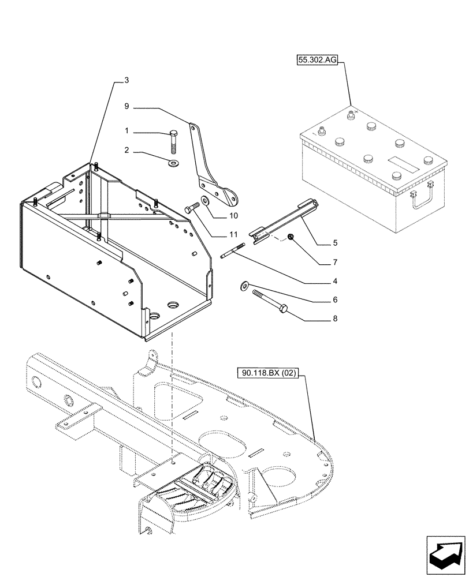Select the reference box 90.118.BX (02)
(x=267, y=373)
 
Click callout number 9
(x=126, y=106)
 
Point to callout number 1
(x=126, y=132)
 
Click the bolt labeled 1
(x=174, y=140)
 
